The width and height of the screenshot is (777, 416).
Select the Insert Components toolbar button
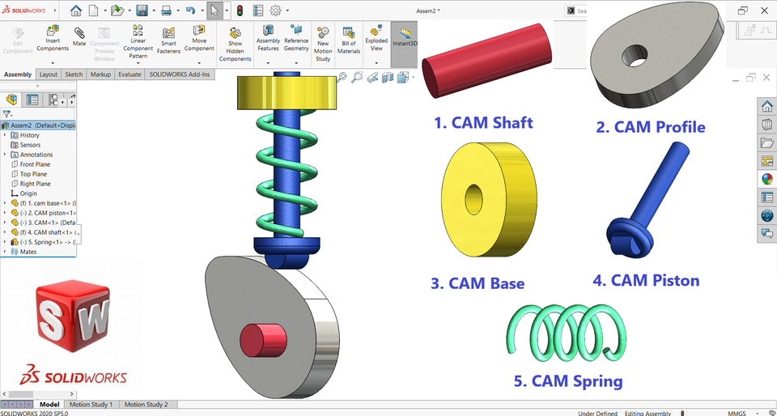[x=53, y=38]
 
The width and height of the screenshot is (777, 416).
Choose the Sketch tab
[x=73, y=74]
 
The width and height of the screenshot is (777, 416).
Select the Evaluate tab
[x=129, y=74]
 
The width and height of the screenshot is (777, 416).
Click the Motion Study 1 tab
[x=91, y=404]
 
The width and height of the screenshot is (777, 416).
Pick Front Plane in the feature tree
[x=35, y=164]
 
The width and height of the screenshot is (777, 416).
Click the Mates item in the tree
[x=28, y=252]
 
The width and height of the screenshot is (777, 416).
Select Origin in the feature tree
[x=28, y=193]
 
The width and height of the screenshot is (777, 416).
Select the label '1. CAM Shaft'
[x=483, y=123]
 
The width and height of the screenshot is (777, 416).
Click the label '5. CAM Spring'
[x=567, y=380]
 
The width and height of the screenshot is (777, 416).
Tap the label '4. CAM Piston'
[x=646, y=281]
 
